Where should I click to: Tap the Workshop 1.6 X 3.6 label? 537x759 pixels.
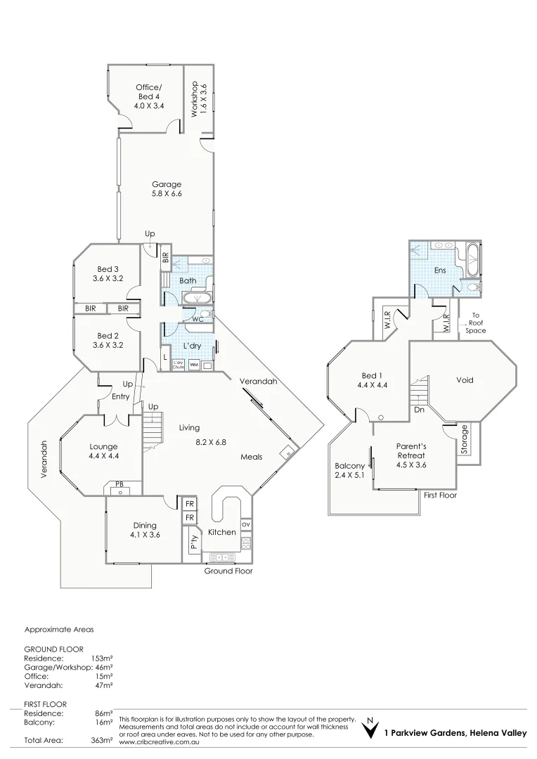(x=199, y=99)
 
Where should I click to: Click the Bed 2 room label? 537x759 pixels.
(x=108, y=340)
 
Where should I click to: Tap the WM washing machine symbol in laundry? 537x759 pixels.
(x=193, y=365)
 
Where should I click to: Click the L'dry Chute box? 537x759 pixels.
(x=179, y=364)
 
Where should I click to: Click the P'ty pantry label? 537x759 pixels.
(x=192, y=543)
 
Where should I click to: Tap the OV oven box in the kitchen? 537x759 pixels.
(x=245, y=524)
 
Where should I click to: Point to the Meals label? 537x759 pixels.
(x=251, y=457)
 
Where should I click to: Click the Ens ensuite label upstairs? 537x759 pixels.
(x=440, y=270)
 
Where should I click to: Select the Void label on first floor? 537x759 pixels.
(x=465, y=380)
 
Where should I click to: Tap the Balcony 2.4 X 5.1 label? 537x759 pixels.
(x=349, y=471)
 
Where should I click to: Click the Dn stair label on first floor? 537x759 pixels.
(x=418, y=408)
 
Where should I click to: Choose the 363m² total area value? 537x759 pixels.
(x=101, y=740)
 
